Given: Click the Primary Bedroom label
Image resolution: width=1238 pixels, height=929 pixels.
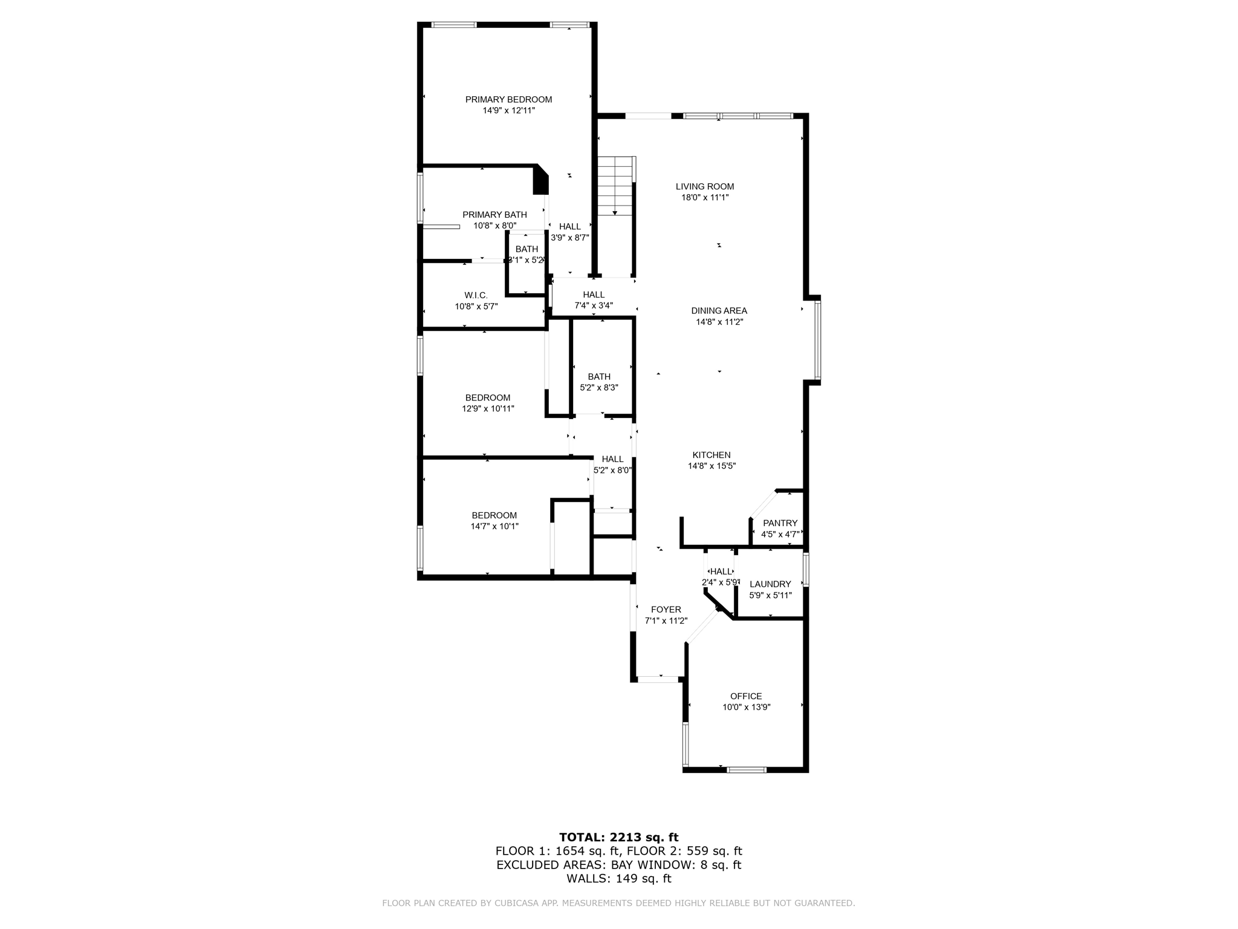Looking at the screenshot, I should (x=508, y=99).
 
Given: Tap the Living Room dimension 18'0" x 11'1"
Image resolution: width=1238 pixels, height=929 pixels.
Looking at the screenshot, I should (x=704, y=198).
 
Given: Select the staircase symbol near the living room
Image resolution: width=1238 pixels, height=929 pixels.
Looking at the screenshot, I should (x=615, y=186).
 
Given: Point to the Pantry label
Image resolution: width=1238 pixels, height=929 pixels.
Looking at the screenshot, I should (x=780, y=523).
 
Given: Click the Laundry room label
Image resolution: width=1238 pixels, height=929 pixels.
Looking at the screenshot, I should (x=770, y=584).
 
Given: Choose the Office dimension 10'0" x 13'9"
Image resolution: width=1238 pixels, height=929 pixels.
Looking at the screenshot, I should (x=746, y=708).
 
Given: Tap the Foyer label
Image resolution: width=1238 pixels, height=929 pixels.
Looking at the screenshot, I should (x=666, y=610).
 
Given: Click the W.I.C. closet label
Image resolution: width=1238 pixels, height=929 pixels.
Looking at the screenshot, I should (x=476, y=295).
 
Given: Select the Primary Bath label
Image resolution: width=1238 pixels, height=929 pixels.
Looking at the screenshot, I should (x=494, y=215).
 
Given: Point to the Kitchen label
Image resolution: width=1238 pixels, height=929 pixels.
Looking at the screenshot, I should (x=711, y=455).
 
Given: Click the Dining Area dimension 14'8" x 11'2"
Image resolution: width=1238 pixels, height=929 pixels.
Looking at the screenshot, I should (x=719, y=322).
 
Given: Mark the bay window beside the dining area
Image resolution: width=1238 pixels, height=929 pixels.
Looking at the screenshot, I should (x=817, y=340).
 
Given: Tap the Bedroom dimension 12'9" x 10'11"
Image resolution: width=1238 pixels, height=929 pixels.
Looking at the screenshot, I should (x=488, y=409).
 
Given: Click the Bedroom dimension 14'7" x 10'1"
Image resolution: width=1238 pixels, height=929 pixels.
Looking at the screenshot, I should (x=494, y=527).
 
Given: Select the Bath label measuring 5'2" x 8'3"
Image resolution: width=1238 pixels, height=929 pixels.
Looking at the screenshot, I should (x=599, y=377).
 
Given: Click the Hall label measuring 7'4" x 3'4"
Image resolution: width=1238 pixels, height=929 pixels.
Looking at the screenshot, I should (x=594, y=295).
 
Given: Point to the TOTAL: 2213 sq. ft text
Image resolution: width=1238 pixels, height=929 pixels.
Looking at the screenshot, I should (x=618, y=837).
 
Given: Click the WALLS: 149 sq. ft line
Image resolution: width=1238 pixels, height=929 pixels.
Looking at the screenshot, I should (x=618, y=879).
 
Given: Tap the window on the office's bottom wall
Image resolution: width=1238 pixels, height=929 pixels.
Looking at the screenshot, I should (x=746, y=770).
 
